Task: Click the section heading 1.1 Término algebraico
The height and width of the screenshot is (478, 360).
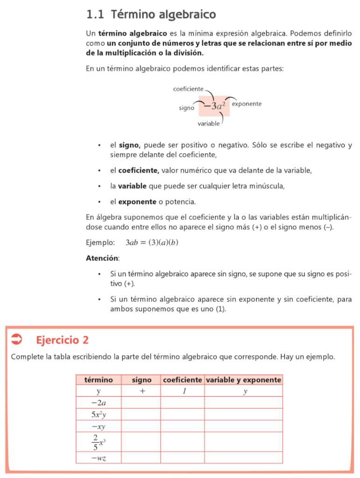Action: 151,15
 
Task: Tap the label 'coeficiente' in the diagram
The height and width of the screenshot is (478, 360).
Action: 188,89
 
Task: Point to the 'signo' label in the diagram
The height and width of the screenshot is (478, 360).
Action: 186,108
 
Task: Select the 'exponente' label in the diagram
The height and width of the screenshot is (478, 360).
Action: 247,104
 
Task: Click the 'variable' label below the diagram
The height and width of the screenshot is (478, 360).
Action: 208,124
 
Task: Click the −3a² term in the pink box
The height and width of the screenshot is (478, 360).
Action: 215,105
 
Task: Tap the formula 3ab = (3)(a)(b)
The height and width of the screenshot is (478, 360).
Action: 152,243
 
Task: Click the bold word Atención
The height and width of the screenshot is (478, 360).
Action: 102,258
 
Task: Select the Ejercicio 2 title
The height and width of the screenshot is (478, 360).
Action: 62,340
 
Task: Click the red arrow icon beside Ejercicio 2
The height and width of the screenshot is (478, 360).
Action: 16,339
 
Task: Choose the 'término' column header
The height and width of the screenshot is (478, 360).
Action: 99,380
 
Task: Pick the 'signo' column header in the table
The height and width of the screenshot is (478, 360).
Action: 141,380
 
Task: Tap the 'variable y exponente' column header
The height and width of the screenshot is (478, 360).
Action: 243,380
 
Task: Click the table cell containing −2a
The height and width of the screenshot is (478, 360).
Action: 99,402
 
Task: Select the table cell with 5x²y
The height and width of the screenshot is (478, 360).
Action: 99,415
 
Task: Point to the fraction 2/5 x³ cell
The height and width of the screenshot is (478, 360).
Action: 99,441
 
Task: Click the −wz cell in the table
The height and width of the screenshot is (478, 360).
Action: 99,458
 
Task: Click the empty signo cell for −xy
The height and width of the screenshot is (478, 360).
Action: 141,426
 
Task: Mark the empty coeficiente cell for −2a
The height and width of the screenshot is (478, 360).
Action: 182,402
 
